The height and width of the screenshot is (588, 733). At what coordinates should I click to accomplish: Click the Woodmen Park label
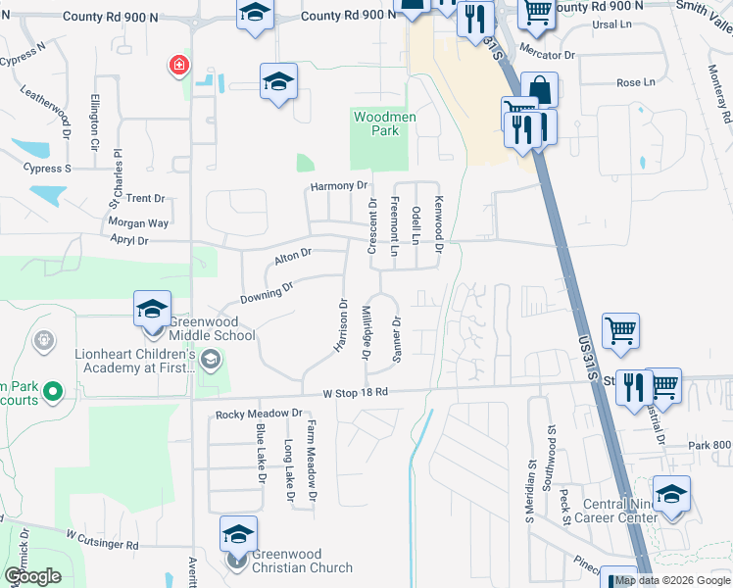coord(385,123)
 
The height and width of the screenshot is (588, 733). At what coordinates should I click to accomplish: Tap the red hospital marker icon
coord(178,66)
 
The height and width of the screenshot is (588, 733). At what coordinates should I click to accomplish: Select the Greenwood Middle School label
coord(212,328)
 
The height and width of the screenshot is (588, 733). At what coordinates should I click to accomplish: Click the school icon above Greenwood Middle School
coord(152,309)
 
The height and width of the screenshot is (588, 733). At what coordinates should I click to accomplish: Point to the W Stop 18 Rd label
coord(356,392)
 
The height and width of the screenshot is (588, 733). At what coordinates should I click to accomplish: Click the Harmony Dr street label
coord(339,185)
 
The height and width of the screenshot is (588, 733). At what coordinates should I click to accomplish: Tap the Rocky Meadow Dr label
coord(259,414)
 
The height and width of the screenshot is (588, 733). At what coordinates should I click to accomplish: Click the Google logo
coord(32,576)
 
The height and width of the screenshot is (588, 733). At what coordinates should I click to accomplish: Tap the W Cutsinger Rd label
coord(102,540)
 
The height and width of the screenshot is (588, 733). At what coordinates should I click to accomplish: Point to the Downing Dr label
coord(267,291)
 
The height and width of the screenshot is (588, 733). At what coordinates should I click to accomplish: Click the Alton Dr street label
coord(292,256)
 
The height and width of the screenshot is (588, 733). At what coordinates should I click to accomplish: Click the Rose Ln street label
coord(636,83)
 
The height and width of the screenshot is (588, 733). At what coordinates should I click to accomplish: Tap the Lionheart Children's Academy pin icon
coord(209,362)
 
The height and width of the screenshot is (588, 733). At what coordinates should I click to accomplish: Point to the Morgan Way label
coord(139,223)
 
